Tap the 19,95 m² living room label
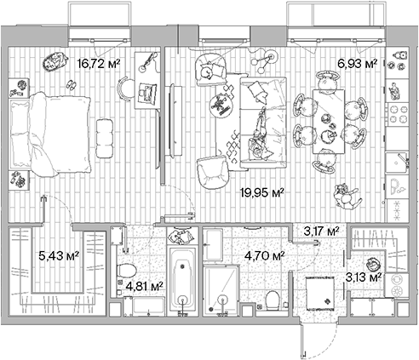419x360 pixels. [264, 192]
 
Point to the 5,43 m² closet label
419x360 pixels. [60, 254]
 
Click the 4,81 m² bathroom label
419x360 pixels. [144, 287]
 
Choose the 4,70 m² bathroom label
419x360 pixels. [264, 254]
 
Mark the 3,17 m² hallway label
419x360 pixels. [322, 230]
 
